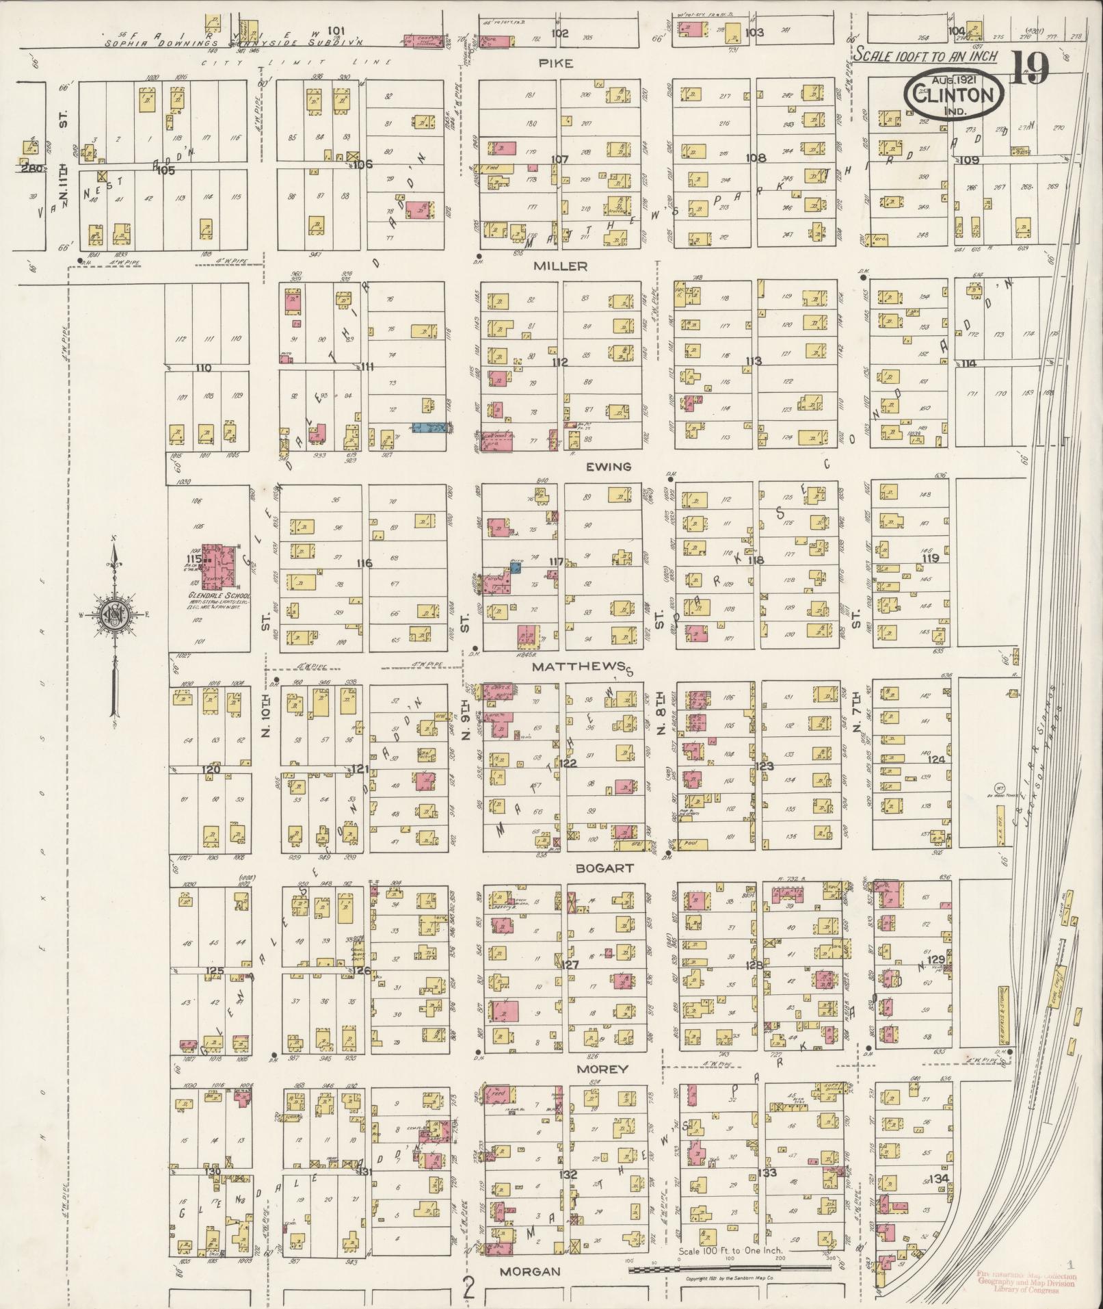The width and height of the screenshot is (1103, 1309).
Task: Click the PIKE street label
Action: (556, 63)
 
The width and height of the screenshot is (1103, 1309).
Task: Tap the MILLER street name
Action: (561, 265)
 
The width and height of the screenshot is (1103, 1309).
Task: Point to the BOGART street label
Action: (604, 868)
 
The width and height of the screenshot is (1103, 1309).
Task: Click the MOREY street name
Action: (602, 1069)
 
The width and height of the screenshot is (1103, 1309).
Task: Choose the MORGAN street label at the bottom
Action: (530, 1271)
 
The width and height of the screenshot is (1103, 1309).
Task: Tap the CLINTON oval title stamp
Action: (955, 94)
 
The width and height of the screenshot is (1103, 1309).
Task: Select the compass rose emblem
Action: (111, 614)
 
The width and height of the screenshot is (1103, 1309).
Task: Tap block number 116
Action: (364, 563)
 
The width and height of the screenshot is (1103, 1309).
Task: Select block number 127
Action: (570, 965)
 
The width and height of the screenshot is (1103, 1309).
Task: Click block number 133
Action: (767, 1173)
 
